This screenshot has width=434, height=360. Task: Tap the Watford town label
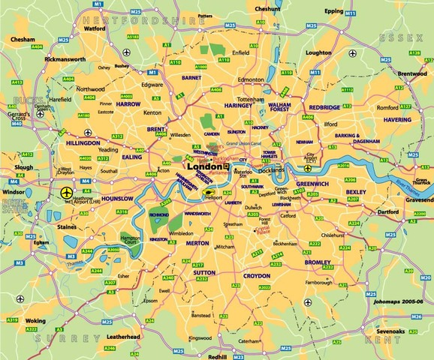click(x=95, y=28)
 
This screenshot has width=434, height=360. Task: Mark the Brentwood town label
click(x=411, y=74)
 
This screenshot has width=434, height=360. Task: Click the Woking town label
click(x=35, y=321)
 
